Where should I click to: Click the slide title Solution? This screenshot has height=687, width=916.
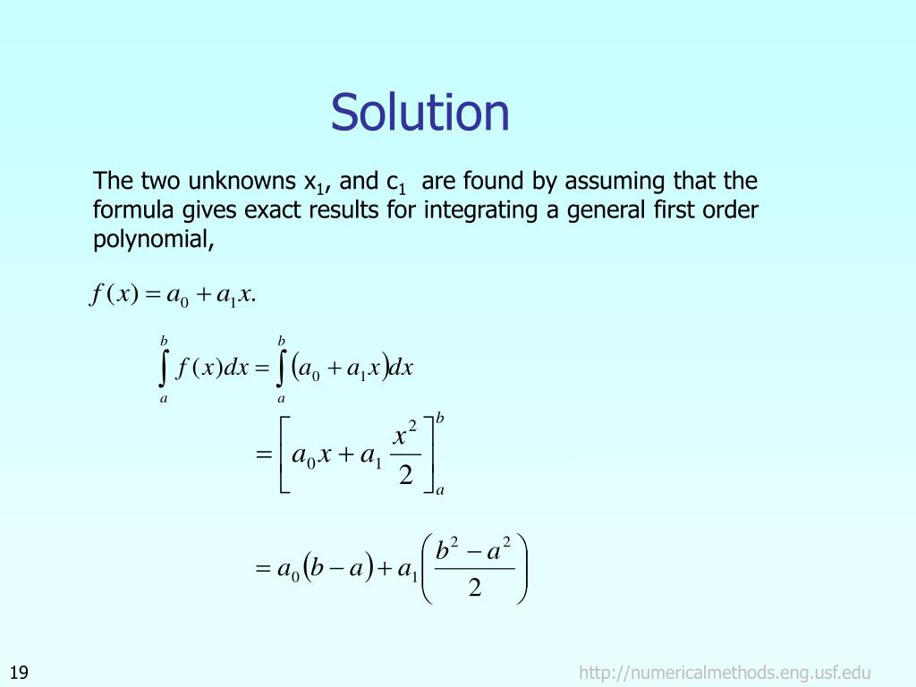click(x=420, y=114)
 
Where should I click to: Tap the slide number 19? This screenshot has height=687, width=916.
click(x=20, y=673)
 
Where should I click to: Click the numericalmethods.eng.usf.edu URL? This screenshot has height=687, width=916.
click(x=725, y=673)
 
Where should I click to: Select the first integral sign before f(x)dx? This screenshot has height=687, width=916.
click(x=164, y=369)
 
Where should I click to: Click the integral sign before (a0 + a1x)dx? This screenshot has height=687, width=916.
click(x=282, y=369)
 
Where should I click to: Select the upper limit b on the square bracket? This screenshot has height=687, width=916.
click(x=440, y=419)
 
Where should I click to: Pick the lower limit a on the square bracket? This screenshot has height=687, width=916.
click(x=440, y=490)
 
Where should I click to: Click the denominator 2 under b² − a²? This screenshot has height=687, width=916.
click(x=475, y=588)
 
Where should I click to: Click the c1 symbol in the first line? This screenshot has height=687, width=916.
click(x=396, y=183)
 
